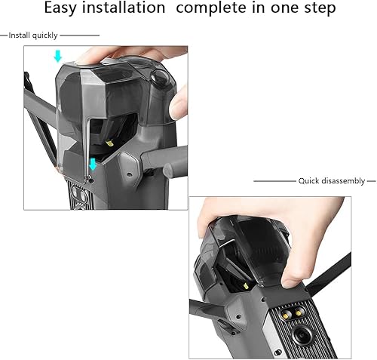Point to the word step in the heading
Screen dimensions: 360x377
tap(315, 10)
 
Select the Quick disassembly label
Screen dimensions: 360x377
tap(331, 181)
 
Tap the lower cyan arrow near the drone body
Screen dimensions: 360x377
tap(92, 165)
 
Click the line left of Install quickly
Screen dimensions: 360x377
tap(4, 35)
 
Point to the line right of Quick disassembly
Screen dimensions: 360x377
tap(371, 181)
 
